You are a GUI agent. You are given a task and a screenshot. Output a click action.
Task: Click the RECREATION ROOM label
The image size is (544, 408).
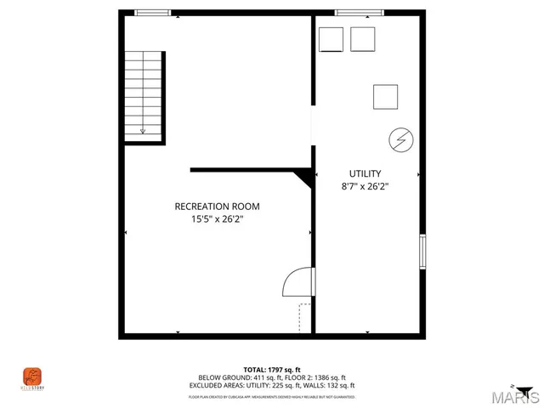pyautogui.click(x=217, y=207)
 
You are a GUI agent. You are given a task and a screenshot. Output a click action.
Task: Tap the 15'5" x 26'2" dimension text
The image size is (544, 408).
pyautogui.click(x=217, y=219)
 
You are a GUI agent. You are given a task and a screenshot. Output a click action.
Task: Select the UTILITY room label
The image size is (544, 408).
pyautogui.click(x=365, y=173)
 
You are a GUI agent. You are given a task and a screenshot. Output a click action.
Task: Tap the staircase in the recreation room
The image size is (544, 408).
pyautogui.click(x=144, y=93)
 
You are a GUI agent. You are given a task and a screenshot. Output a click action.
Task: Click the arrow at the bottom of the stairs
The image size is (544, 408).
pyautogui.click(x=143, y=130)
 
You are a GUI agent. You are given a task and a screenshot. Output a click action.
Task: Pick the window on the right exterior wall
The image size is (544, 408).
pyautogui.click(x=422, y=252)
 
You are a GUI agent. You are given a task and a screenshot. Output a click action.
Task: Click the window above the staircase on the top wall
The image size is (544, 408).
pyautogui.click(x=153, y=13)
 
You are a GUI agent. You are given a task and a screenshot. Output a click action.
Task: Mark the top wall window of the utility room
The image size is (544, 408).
pyautogui.click(x=352, y=13)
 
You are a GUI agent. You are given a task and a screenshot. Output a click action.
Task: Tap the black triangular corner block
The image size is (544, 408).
pyautogui.click(x=303, y=178)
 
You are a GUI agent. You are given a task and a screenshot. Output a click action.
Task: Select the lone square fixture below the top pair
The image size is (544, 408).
pyautogui.click(x=385, y=97)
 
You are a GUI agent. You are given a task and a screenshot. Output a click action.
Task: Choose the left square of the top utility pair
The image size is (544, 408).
pyautogui.click(x=331, y=39)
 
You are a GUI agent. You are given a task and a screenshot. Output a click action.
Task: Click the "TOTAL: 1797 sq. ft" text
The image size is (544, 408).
pyautogui.click(x=272, y=370)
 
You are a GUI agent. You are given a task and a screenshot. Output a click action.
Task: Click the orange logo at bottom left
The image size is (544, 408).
pyautogui.click(x=32, y=375)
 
